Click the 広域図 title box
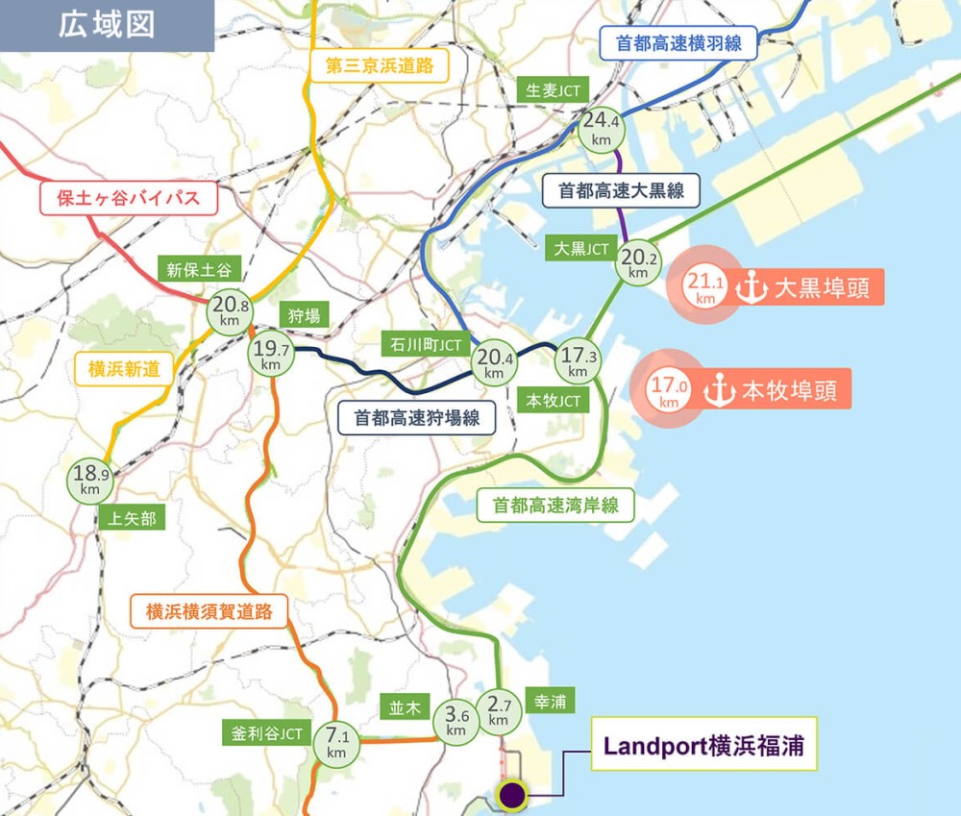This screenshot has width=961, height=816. coord(107,25)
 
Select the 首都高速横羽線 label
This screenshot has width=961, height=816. coord(678,43)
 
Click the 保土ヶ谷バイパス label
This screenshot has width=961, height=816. coord(128,199)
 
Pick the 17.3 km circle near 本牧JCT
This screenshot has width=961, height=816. coord(578,362)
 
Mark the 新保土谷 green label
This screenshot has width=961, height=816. coord(199,270)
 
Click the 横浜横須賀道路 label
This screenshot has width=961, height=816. coord(209,610)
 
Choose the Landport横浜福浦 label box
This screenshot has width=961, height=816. coord(702,744)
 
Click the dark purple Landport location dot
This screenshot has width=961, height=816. coord(511,795)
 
